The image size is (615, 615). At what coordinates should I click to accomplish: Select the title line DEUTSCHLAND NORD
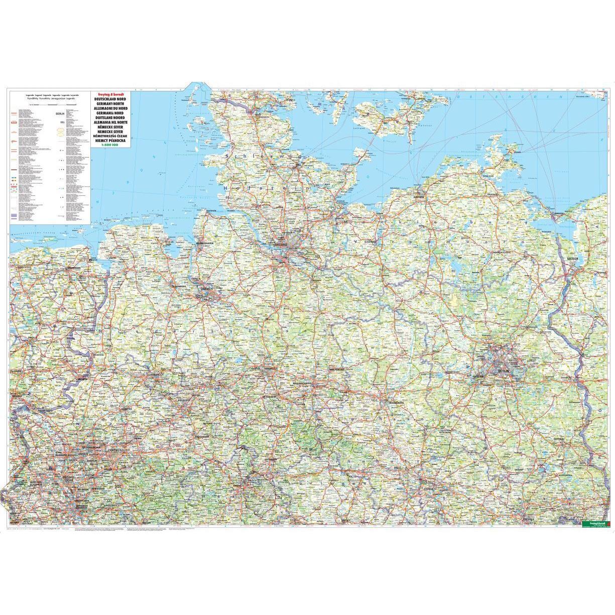110,100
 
